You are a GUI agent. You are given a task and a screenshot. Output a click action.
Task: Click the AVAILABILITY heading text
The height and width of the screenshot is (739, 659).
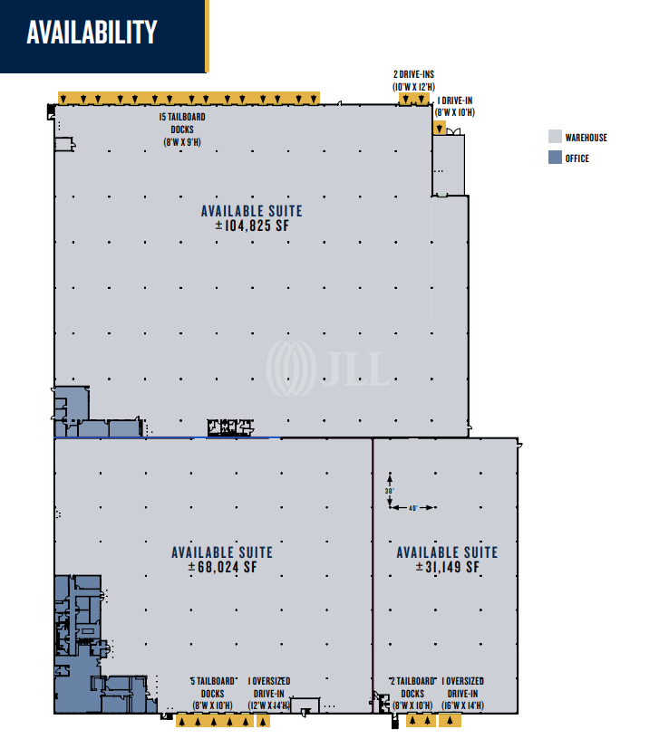point(92,32)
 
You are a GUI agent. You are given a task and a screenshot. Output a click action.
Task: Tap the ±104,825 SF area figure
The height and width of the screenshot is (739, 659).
point(252,226)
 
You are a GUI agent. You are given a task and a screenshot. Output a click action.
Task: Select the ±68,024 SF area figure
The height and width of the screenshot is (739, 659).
point(222,567)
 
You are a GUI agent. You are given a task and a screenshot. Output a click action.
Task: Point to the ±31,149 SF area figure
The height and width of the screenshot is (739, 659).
point(447,567)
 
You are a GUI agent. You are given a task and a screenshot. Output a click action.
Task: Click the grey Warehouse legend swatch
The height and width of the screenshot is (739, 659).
point(555,137)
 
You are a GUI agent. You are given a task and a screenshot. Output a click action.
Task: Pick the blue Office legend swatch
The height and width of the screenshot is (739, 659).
point(555,158)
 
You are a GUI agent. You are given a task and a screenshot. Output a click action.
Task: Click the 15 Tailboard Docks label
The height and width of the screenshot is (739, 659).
point(182,130)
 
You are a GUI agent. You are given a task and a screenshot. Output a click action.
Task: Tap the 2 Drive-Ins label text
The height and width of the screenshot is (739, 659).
point(413,81)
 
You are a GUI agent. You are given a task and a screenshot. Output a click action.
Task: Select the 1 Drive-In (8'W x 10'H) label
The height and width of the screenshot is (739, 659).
point(455,107)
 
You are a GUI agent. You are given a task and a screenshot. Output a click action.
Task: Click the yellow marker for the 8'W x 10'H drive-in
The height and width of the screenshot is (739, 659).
point(439,128)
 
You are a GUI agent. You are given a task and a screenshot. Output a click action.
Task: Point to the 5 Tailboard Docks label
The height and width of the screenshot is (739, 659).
point(213,694)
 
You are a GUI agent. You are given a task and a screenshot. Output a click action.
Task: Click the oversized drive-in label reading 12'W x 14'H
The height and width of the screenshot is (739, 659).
point(269,694)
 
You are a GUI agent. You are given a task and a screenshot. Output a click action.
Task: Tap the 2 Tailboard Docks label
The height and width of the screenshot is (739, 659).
point(412,694)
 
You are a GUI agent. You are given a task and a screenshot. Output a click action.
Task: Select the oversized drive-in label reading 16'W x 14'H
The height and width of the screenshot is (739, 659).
point(463,694)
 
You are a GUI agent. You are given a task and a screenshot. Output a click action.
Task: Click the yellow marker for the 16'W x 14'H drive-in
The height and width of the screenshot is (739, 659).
point(450,721)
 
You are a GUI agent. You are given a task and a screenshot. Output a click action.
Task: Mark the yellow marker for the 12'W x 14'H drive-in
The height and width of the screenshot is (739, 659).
point(263,721)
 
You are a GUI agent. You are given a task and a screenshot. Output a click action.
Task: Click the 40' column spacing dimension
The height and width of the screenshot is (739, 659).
point(412,507)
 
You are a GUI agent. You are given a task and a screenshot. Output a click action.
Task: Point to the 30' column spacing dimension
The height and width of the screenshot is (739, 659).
point(390,491)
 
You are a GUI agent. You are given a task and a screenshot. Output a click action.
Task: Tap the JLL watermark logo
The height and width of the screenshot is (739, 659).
point(329,368)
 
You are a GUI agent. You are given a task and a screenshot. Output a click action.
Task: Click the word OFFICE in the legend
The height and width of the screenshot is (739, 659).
point(577,158)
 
